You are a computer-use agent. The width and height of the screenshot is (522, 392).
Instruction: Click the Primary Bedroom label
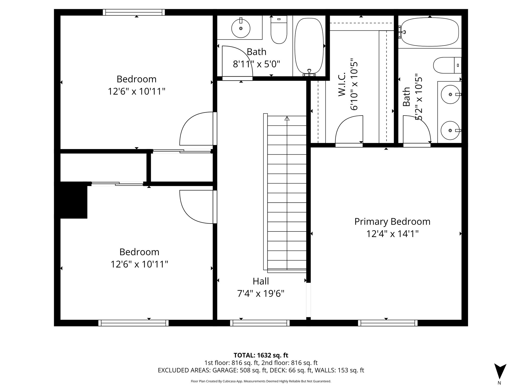point(392,222)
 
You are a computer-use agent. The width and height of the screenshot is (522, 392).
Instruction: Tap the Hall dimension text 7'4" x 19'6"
point(261,294)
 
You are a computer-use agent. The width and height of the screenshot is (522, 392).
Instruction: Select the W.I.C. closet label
point(342,84)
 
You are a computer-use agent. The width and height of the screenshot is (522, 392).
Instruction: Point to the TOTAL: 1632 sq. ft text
point(261,355)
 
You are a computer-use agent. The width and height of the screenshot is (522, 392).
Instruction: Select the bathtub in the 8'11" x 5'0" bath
point(309,46)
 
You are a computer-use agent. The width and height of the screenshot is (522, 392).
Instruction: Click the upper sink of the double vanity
point(450,94)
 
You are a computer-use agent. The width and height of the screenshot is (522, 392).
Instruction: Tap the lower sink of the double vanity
point(450,130)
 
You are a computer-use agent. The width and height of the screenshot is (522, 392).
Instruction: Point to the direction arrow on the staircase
point(287,118)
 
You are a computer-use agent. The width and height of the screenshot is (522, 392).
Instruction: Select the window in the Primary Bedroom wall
point(388,323)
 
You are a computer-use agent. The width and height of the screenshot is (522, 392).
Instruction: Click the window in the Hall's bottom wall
point(260,323)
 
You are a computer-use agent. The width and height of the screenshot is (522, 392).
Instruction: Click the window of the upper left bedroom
point(134,12)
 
